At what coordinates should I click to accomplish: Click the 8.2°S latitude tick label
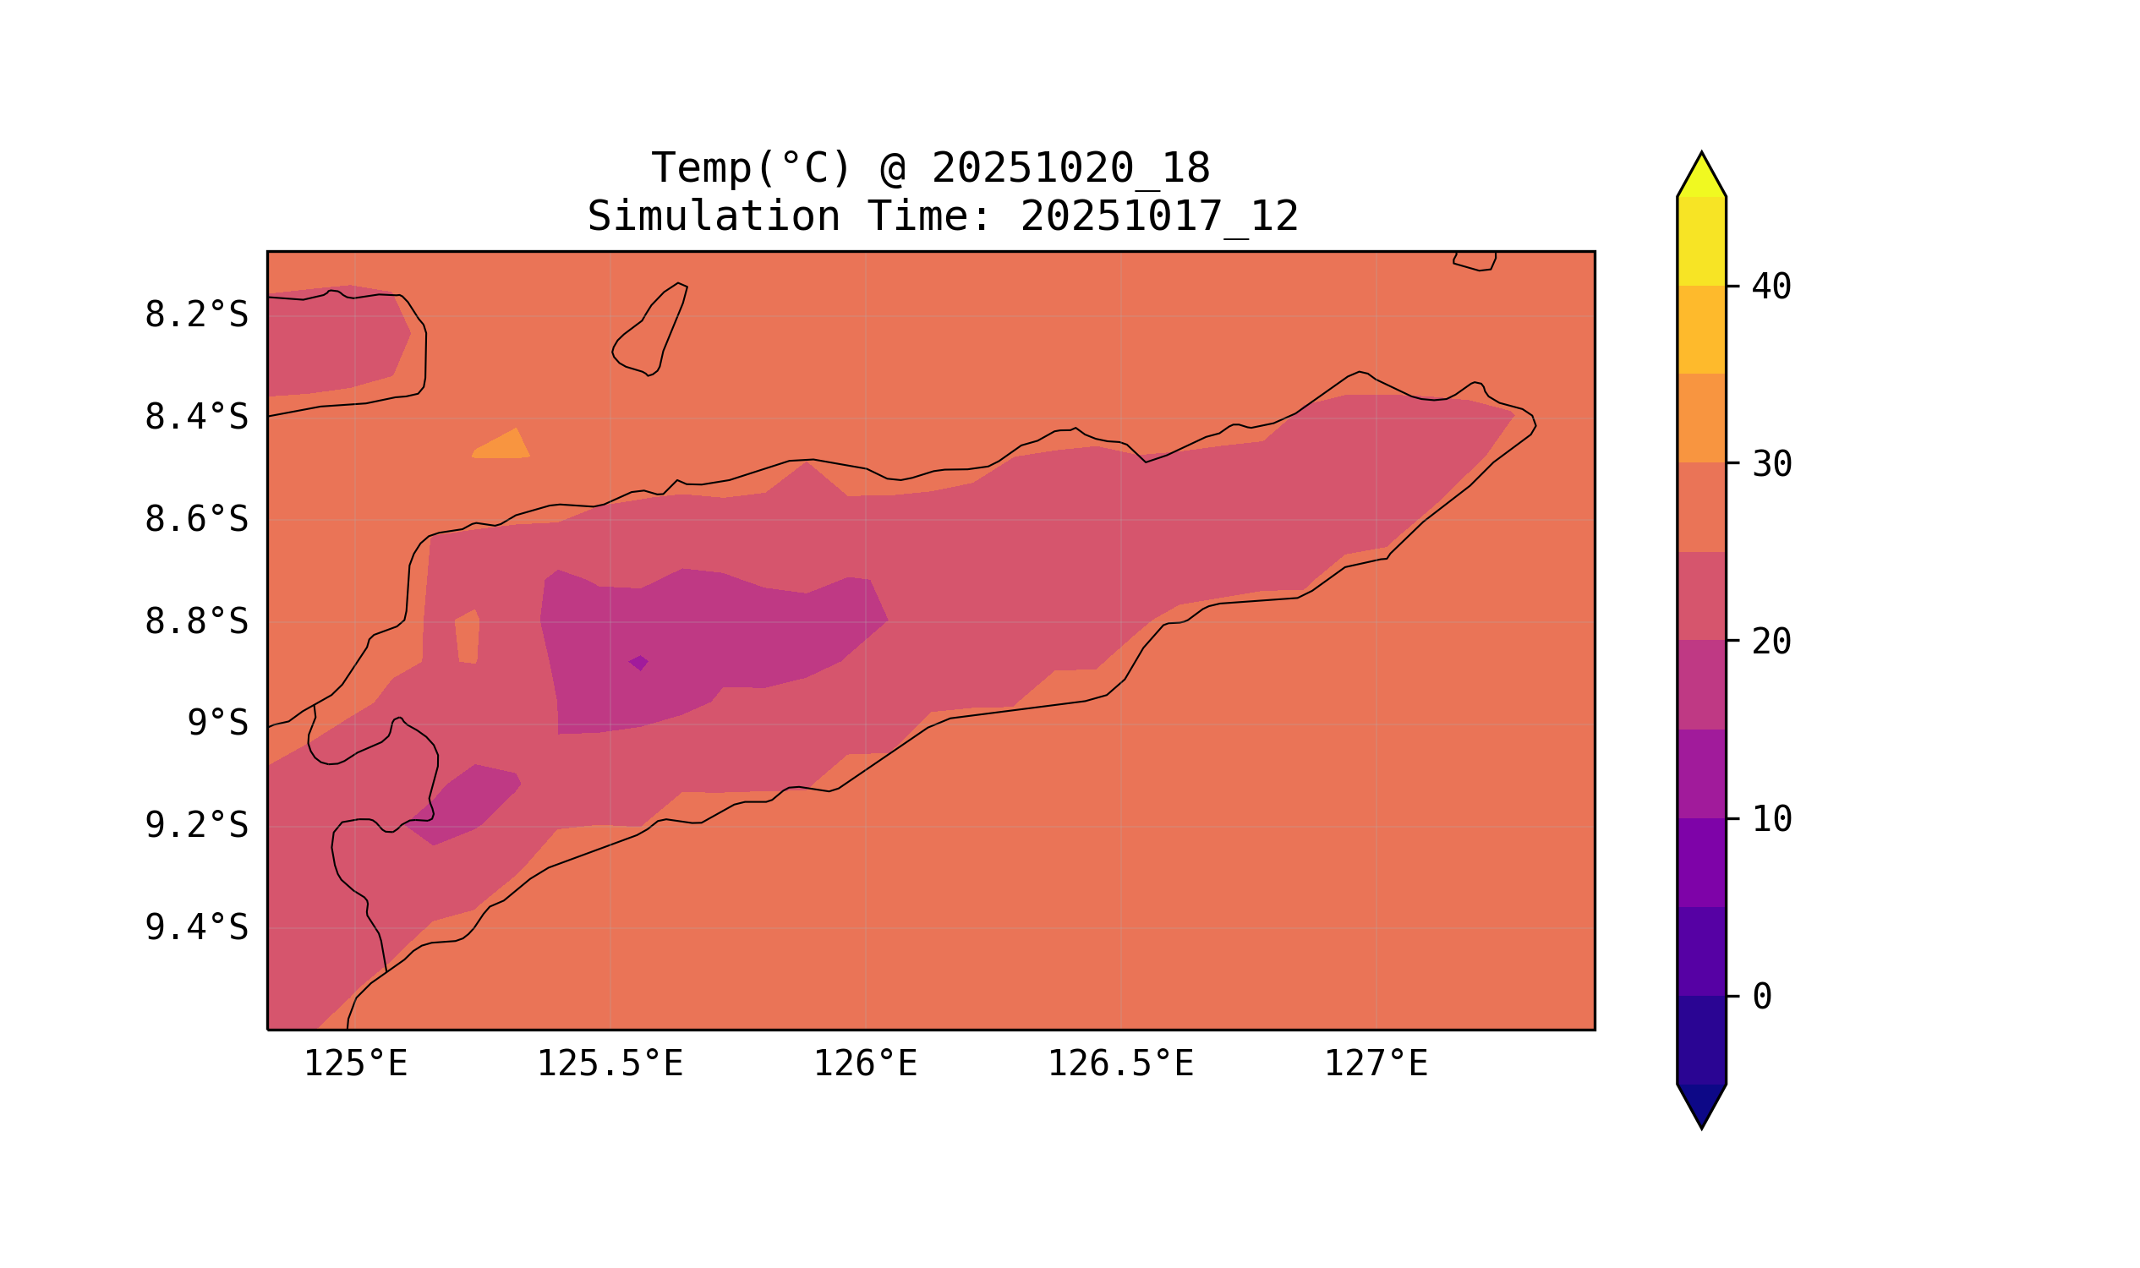(195, 315)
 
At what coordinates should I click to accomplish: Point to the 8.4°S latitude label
(195, 418)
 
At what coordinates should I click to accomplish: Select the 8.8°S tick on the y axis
(195, 622)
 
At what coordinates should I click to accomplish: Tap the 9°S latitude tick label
(217, 724)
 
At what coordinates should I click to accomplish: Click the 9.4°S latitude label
(195, 928)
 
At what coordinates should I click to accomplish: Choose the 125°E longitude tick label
(355, 1064)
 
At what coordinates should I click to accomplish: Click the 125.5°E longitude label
(610, 1064)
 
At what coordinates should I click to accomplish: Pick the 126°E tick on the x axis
(865, 1064)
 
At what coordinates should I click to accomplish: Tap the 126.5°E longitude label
(1120, 1064)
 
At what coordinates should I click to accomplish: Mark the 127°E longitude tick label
(1375, 1064)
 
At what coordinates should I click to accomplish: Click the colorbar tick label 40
(1771, 287)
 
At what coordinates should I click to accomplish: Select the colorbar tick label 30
(1771, 465)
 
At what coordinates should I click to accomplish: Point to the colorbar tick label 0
(1761, 997)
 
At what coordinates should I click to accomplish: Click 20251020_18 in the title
(1070, 168)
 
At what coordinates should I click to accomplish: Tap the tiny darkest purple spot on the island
(638, 662)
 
